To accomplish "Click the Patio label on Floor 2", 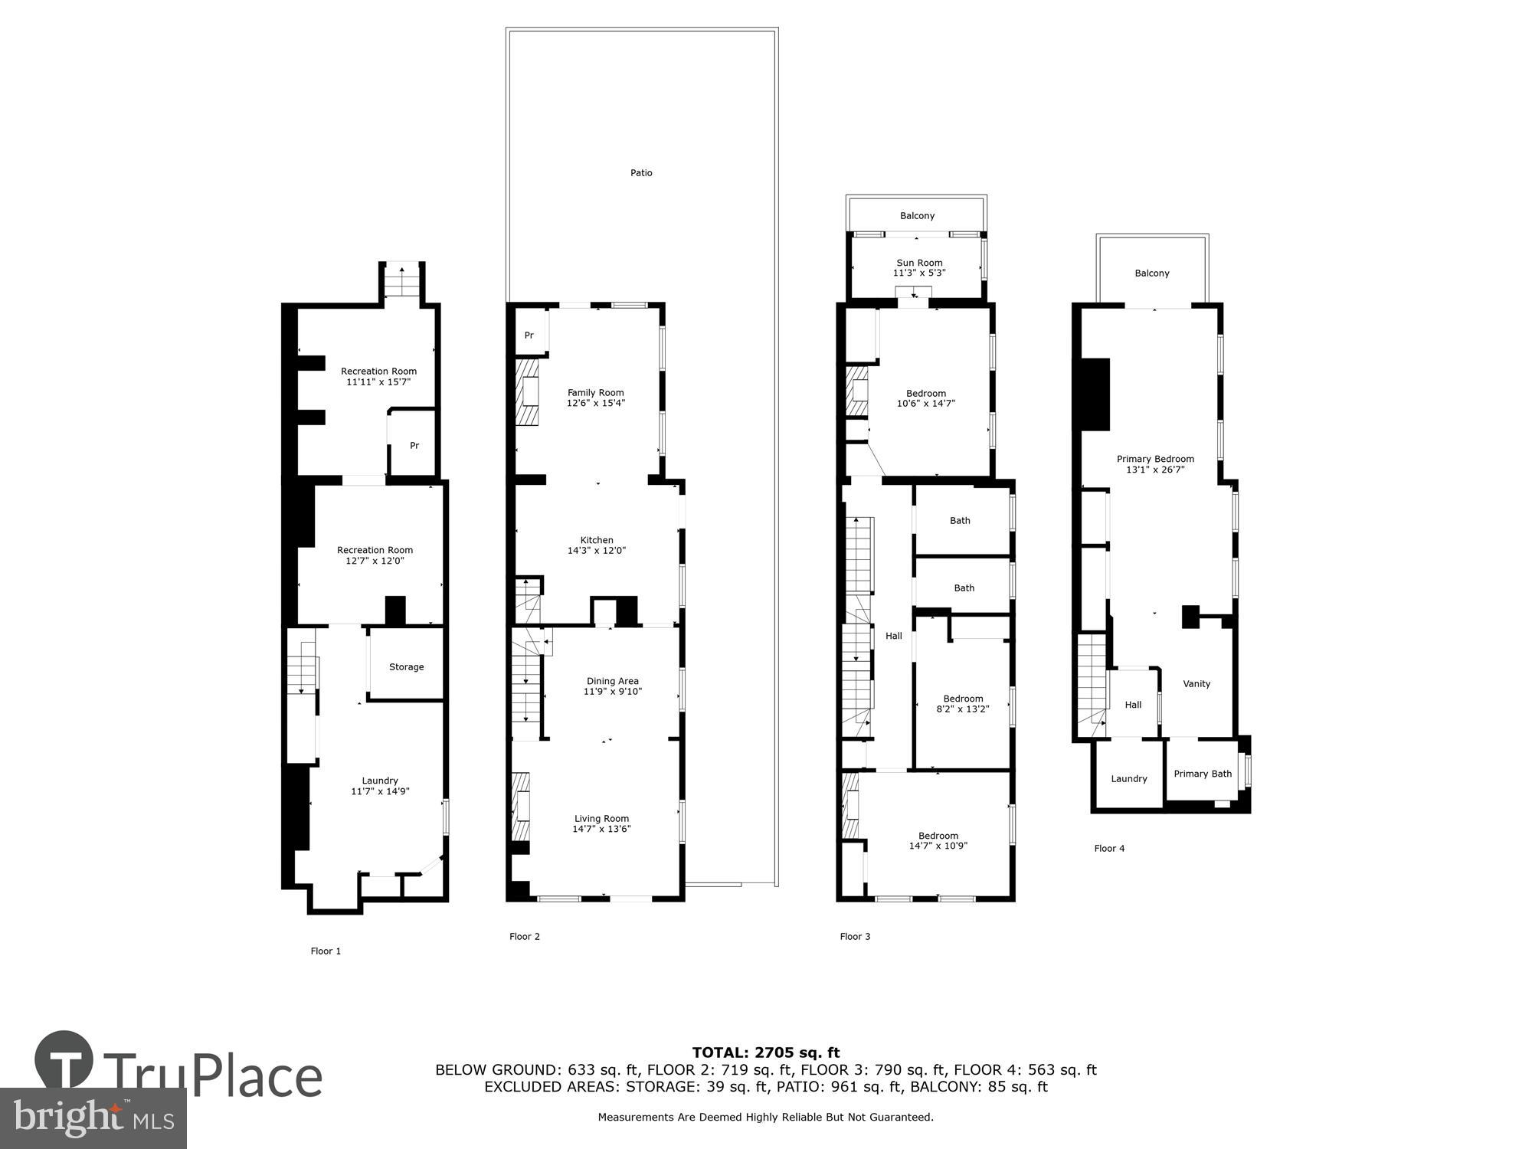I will click(x=641, y=173).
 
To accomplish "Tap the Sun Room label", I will click(x=919, y=263).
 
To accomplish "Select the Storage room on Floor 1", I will click(x=406, y=667).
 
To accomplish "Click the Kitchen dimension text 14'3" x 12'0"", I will click(x=597, y=551).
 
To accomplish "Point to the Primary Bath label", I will click(x=1203, y=774).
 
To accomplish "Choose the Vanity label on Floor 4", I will click(x=1196, y=684).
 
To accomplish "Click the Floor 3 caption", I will click(x=855, y=937).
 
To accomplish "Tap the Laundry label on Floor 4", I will click(x=1129, y=779).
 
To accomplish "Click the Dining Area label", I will click(x=612, y=681).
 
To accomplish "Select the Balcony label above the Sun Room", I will click(x=917, y=216).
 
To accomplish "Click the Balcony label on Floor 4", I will click(x=1152, y=273).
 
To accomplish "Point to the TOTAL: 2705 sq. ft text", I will click(x=766, y=1052).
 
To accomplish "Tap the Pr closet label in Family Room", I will click(x=529, y=336).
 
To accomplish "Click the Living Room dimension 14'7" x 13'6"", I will click(x=601, y=829).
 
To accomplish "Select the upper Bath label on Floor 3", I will click(x=960, y=521).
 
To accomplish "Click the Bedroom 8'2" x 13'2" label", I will click(x=963, y=699).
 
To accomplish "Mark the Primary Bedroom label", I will click(x=1155, y=460).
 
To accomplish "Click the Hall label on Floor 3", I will click(x=893, y=636).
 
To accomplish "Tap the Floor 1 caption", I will click(x=326, y=951).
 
